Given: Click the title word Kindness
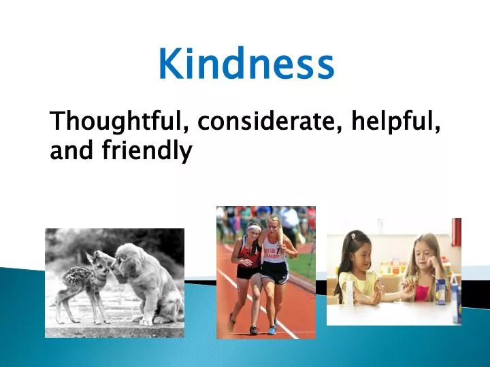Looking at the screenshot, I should pyautogui.click(x=246, y=64).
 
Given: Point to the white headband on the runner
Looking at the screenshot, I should pyautogui.click(x=253, y=226).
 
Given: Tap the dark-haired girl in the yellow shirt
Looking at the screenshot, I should pyautogui.click(x=357, y=268).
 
